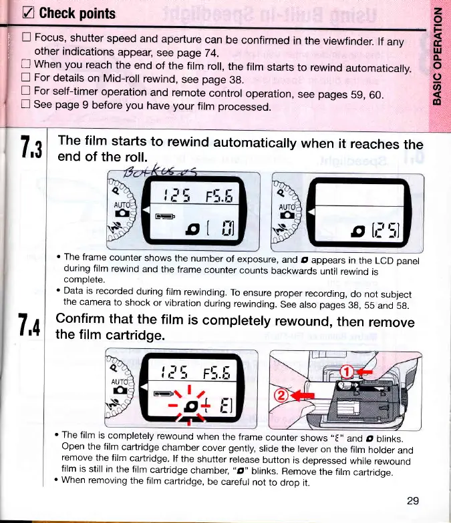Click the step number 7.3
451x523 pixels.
point(31,153)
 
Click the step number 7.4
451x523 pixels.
point(31,328)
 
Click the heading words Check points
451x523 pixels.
point(77,14)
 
